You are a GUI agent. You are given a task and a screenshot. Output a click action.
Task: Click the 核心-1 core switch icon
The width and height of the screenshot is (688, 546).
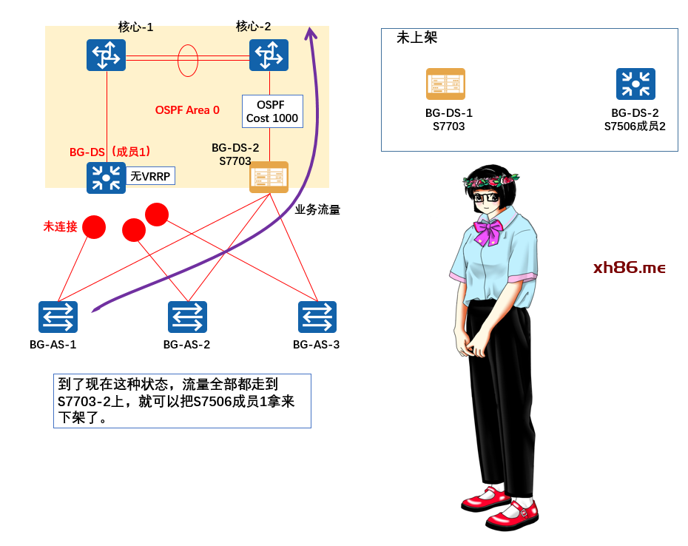[x=106, y=55]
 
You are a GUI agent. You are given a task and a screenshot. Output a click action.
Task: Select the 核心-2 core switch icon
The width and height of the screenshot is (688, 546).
[x=269, y=55]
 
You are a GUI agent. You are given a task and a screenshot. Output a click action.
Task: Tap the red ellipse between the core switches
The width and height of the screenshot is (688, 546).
[x=188, y=61]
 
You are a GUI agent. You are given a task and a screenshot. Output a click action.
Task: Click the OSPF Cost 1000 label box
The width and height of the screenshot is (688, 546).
[x=272, y=112]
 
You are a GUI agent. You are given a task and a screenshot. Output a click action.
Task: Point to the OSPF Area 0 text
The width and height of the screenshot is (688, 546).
[x=187, y=110]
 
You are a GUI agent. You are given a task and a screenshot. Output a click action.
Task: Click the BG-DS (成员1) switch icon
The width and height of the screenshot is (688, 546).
[x=106, y=178]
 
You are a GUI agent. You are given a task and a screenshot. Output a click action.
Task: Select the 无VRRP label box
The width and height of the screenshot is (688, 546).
[x=152, y=176]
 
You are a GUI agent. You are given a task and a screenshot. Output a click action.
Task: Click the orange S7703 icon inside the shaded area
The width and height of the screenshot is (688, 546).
[x=269, y=178]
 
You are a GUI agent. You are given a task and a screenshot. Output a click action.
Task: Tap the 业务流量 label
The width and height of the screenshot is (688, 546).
[x=317, y=210]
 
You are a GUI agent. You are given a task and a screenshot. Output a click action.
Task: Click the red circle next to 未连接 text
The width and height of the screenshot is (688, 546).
[x=94, y=227]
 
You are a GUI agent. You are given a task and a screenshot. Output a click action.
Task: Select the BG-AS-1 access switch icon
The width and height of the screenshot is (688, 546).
[x=58, y=317]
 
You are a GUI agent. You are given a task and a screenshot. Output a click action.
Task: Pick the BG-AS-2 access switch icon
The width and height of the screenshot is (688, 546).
[x=187, y=317]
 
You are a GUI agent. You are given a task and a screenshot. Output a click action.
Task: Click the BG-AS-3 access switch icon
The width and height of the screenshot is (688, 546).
[x=317, y=317]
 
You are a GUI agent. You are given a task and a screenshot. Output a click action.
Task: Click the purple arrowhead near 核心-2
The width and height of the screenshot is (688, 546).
[x=311, y=33]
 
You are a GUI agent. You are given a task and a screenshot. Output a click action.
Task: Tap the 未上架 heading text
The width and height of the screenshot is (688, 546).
[x=416, y=38]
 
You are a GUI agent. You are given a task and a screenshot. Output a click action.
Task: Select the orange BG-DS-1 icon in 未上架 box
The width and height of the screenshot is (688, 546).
[x=445, y=84]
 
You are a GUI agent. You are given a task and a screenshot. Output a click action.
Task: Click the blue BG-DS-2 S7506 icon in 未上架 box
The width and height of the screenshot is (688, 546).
[x=635, y=84]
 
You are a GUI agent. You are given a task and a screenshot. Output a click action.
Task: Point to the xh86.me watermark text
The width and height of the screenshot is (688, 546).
[x=629, y=268]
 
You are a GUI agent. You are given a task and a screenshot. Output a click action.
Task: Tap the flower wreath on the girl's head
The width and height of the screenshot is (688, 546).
[x=490, y=178]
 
